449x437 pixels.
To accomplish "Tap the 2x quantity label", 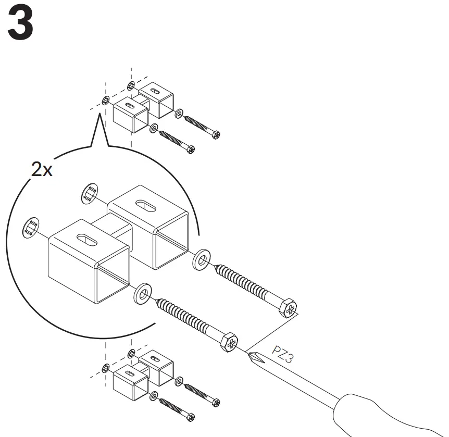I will pyautogui.click(x=42, y=170).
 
